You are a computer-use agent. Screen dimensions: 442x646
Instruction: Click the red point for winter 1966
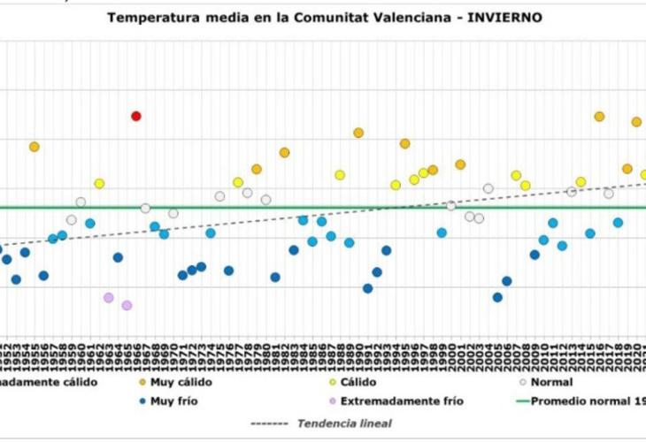136,116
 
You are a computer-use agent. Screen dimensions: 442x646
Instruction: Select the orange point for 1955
35,147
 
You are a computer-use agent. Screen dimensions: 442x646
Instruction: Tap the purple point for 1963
109,298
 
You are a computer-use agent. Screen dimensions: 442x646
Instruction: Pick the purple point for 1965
127,305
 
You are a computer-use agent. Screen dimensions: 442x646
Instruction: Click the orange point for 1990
358,133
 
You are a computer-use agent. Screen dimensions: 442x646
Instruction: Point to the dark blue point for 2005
497,297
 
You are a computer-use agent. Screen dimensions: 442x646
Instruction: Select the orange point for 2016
599,117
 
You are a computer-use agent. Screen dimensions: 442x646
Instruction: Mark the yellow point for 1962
99,184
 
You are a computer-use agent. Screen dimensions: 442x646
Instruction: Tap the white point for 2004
488,188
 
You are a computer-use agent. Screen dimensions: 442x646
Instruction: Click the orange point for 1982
284,152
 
